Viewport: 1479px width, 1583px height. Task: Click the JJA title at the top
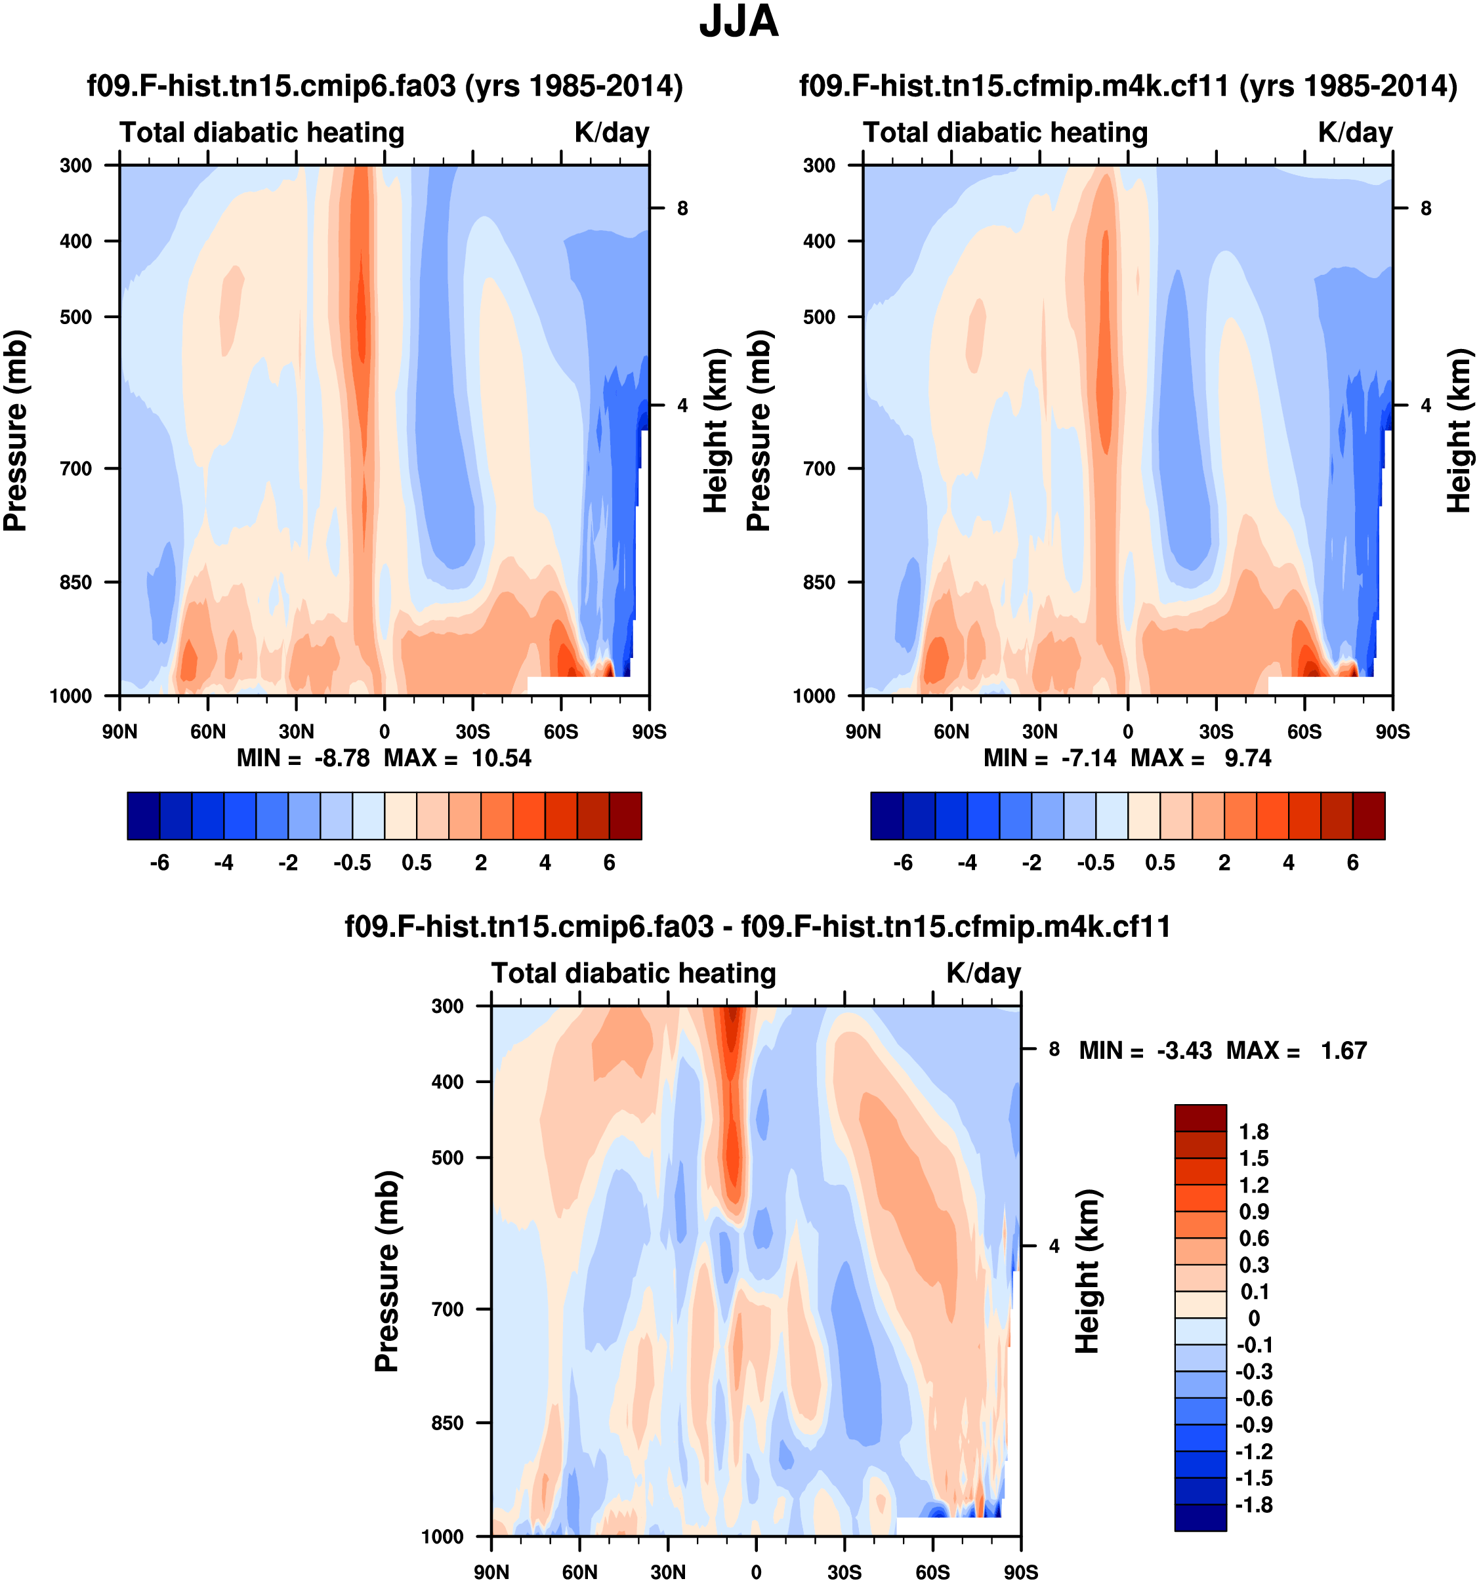[738, 22]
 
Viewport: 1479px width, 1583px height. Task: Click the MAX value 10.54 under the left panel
[501, 758]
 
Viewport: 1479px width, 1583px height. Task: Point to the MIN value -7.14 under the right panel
[1089, 758]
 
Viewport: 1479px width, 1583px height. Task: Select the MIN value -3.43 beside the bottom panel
[1184, 1051]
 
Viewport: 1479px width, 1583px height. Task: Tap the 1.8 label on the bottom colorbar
[1253, 1132]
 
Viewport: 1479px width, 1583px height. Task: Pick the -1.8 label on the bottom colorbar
[1253, 1505]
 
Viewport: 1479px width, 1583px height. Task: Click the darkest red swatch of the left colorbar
[625, 816]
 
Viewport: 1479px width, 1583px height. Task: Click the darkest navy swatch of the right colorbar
[886, 816]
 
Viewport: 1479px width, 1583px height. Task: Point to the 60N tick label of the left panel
[208, 731]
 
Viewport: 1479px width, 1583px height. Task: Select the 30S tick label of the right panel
[1216, 731]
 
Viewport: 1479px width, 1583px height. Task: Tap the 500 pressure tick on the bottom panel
[448, 1158]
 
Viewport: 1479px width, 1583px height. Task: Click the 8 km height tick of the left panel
[682, 209]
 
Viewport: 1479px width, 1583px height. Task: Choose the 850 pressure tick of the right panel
[819, 583]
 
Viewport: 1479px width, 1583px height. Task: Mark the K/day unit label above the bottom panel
[984, 974]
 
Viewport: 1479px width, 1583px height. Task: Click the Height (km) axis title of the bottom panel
[1087, 1271]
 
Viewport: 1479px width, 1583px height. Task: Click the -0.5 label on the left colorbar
[352, 863]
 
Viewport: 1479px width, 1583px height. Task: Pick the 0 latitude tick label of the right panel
[1128, 731]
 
